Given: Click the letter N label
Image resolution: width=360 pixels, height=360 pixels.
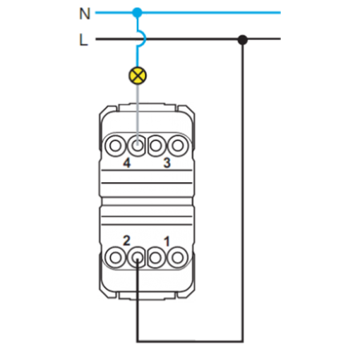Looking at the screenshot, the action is [x=85, y=13].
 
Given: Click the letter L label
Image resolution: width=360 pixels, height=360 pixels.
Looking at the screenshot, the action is [x=83, y=40].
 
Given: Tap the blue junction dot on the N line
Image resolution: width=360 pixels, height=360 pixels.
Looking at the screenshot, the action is [x=138, y=13].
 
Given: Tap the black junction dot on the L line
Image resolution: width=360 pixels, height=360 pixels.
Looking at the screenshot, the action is [x=243, y=40].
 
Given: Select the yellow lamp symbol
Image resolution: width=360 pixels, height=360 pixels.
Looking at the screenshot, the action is [x=138, y=76].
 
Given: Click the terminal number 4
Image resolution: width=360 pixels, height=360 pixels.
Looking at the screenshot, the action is [x=127, y=163].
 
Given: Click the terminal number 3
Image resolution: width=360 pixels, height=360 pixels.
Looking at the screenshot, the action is [x=167, y=163].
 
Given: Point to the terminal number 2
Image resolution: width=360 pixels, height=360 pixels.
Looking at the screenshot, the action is [x=126, y=241].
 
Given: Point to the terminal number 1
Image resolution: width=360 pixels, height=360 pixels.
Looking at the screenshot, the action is [x=167, y=241].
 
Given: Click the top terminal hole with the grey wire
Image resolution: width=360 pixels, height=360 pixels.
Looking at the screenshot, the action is [x=137, y=145].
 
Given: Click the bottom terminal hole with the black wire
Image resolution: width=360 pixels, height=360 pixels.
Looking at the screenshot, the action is [x=137, y=258].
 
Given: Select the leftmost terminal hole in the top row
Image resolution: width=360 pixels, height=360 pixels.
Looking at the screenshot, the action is [x=115, y=145].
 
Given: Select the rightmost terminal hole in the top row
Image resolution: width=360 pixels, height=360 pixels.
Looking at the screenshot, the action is [x=178, y=145].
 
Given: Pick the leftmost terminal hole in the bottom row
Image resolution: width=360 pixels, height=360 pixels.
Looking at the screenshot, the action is [x=115, y=258].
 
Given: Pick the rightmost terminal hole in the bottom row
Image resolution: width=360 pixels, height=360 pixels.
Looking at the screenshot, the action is [x=178, y=258].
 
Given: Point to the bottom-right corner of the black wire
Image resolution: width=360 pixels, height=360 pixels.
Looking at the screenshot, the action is [x=243, y=341].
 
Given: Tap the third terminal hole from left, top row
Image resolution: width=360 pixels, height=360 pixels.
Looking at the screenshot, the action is [x=156, y=145].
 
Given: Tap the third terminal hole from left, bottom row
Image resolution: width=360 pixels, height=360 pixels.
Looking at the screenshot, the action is [x=156, y=258].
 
